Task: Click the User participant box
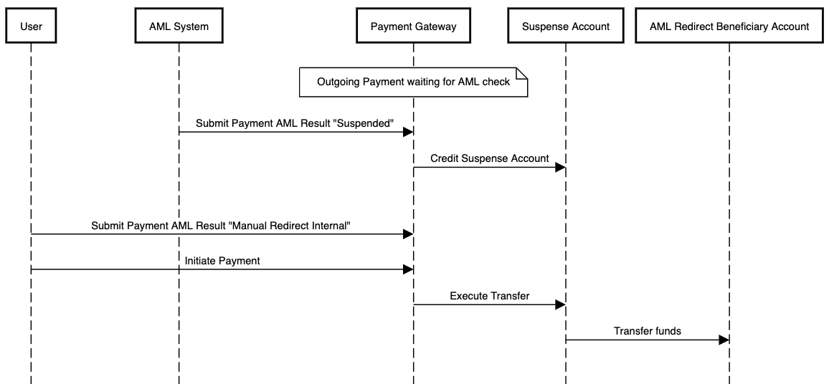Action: [31, 27]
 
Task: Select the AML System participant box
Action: [179, 27]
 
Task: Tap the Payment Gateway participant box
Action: [413, 27]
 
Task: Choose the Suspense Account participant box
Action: [565, 27]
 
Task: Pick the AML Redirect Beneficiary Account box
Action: [729, 27]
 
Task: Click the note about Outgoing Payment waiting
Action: [413, 82]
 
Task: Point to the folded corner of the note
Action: [522, 72]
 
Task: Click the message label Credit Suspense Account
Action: [489, 158]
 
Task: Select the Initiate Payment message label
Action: [222, 261]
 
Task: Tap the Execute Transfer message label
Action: [489, 296]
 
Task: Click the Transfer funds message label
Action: [647, 331]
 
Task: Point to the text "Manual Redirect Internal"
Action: [290, 226]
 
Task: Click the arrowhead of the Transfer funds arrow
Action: [724, 340]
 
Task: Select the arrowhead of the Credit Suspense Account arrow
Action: [560, 167]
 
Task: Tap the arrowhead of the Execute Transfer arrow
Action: [560, 304]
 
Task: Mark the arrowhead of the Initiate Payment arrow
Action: [408, 269]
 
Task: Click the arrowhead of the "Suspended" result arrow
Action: [408, 132]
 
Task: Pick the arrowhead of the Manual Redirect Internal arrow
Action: [408, 234]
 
